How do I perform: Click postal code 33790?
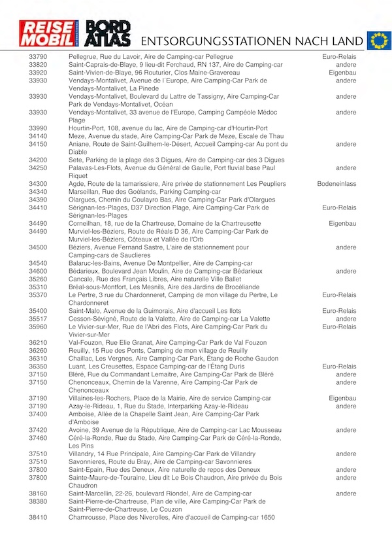point(38,57)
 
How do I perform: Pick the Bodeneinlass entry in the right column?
point(336,184)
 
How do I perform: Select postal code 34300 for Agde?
point(38,184)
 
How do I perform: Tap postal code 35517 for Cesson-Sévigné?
point(38,319)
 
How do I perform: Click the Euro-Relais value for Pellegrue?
point(339,57)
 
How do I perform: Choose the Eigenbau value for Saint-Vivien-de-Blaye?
point(342,73)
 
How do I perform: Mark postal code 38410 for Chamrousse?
point(38,517)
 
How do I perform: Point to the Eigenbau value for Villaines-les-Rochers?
point(342,398)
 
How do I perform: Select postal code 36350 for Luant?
point(38,367)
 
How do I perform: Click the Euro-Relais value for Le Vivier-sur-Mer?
point(339,327)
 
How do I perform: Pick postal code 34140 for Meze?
point(38,136)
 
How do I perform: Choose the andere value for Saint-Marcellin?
point(346,493)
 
